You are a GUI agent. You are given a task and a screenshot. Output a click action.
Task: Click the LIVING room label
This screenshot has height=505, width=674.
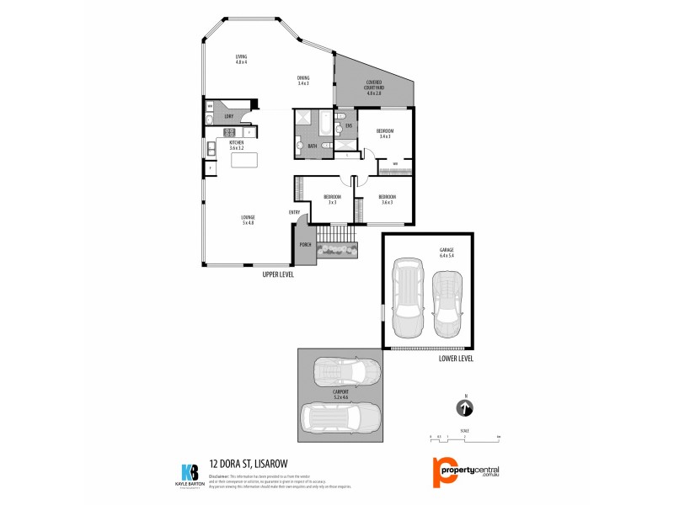tap(241, 60)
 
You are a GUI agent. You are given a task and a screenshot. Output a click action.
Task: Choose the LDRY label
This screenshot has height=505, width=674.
tap(228, 116)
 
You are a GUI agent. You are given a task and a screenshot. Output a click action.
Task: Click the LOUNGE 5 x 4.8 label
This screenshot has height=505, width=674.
tap(248, 221)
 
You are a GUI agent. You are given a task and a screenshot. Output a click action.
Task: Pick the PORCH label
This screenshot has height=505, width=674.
tap(305, 245)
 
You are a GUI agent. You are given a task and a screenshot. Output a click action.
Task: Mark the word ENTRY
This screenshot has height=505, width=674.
tap(294, 212)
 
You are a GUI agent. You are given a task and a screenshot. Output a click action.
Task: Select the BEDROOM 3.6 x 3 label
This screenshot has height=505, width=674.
tap(388, 200)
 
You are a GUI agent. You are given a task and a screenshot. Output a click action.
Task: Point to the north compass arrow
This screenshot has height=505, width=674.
tap(464, 409)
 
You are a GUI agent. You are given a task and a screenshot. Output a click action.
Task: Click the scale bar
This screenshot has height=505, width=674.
tap(464, 438)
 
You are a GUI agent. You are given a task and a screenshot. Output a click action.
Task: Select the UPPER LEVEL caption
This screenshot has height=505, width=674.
tap(278, 275)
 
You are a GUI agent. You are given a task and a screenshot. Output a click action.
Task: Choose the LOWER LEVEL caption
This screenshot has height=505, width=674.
tap(456, 358)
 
